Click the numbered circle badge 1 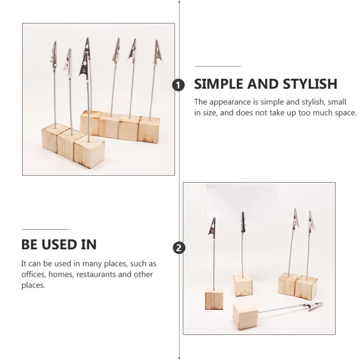(x=179, y=85)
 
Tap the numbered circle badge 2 (x=179, y=248)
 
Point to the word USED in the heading (x=59, y=245)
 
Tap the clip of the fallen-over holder (x=312, y=306)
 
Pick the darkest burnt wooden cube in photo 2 (x=214, y=298)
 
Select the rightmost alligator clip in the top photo (x=158, y=53)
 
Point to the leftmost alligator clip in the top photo (x=54, y=54)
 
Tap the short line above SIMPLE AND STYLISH (x=217, y=66)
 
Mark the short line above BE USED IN (x=45, y=229)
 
